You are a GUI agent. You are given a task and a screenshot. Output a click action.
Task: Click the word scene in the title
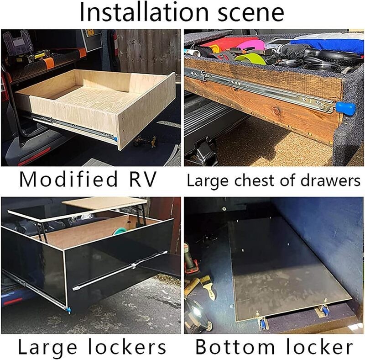tap(244, 14)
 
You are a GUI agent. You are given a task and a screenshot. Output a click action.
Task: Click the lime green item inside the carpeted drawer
tap(249, 59)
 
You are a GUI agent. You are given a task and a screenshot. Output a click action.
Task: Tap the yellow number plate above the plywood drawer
tap(90, 32)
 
